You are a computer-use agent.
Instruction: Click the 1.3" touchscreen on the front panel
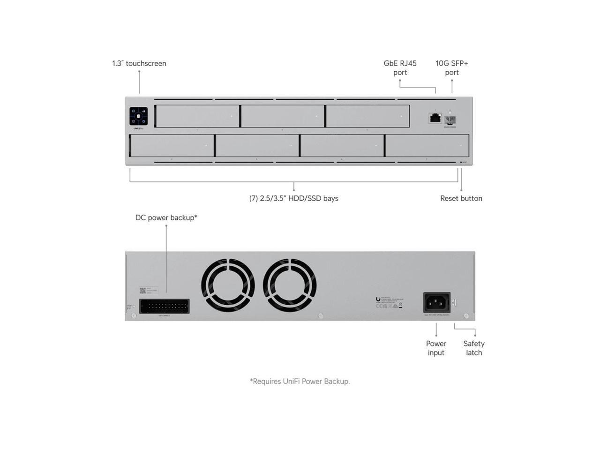point(138,116)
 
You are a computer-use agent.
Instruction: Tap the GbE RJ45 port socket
point(435,118)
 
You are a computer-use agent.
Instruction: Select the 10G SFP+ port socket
point(450,120)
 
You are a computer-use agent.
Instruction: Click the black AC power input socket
point(436,302)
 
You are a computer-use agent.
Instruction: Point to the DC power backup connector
point(165,306)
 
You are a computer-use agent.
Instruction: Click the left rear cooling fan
point(228,285)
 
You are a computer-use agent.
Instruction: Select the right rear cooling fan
point(290,285)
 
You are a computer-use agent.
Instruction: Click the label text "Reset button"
point(461,198)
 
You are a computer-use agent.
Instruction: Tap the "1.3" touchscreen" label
point(139,63)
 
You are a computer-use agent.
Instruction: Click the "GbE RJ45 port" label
point(400,67)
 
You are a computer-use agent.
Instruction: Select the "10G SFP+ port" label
point(451,67)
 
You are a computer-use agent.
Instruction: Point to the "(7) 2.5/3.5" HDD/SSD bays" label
point(293,198)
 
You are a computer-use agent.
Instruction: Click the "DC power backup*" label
point(166,217)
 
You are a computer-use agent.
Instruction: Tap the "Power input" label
point(436,348)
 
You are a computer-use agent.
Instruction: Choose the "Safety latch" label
point(473,348)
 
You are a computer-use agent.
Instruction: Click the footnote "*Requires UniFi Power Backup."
point(300,381)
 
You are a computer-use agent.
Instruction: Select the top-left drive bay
point(197,116)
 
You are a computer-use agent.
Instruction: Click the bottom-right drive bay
point(427,145)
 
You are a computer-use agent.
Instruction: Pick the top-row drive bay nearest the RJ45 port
point(367,116)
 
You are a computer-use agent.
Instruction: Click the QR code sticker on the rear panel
point(142,291)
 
